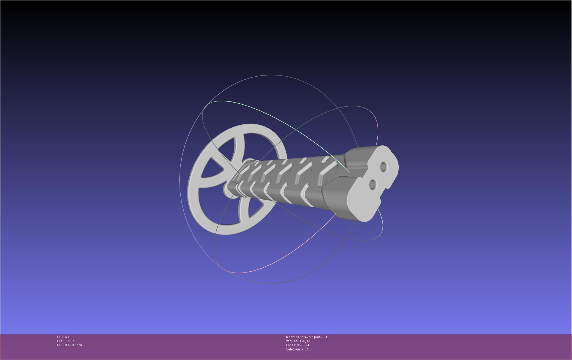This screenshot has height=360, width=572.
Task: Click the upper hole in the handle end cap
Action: [x=383, y=166]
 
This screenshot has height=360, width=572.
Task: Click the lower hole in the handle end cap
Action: [x=373, y=185]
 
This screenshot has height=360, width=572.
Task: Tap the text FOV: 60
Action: [x=63, y=337]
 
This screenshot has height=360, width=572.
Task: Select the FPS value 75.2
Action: [x=71, y=341]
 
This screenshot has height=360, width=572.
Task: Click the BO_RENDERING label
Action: [x=70, y=345]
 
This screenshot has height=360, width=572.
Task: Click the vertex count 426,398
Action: [x=305, y=341]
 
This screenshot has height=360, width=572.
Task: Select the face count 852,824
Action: [x=303, y=345]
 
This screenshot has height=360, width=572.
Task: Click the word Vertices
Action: [x=292, y=341]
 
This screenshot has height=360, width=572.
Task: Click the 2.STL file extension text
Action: [x=325, y=337]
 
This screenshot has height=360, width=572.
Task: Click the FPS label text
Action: [x=60, y=341]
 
